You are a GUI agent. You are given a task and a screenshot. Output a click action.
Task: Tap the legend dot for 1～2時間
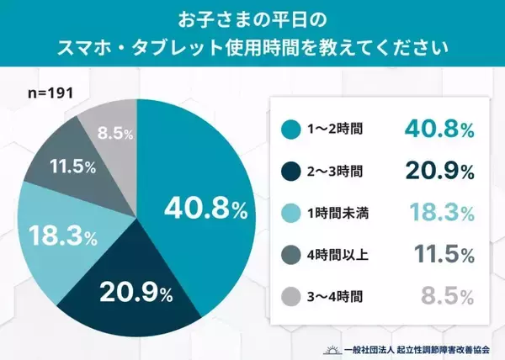[289, 129]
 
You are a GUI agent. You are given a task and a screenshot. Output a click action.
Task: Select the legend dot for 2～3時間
[289, 172]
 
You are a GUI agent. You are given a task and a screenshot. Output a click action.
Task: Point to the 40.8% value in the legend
[439, 128]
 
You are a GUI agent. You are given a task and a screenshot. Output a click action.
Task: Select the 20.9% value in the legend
[439, 171]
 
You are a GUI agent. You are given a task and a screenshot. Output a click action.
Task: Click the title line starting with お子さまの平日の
[252, 19]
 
